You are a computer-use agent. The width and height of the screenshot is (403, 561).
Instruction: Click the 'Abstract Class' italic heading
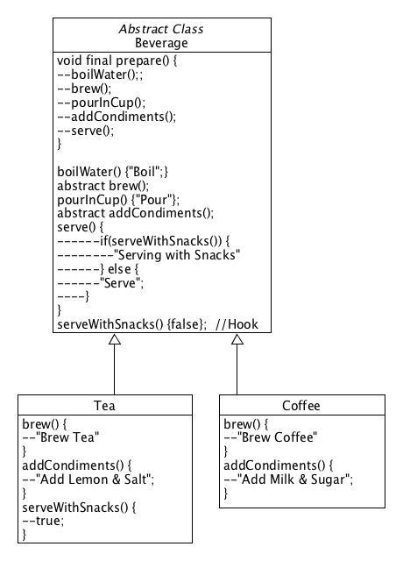click(x=161, y=28)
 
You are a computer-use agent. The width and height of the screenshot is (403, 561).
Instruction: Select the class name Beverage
click(x=161, y=42)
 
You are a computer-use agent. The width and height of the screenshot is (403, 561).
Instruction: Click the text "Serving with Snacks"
click(x=177, y=254)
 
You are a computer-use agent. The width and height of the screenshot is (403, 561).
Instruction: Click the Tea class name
click(x=105, y=406)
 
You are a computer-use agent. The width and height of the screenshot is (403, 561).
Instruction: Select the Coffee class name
click(x=301, y=406)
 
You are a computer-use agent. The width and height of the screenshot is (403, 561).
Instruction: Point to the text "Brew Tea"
click(x=69, y=437)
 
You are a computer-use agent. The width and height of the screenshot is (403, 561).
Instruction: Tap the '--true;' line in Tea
click(x=44, y=520)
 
